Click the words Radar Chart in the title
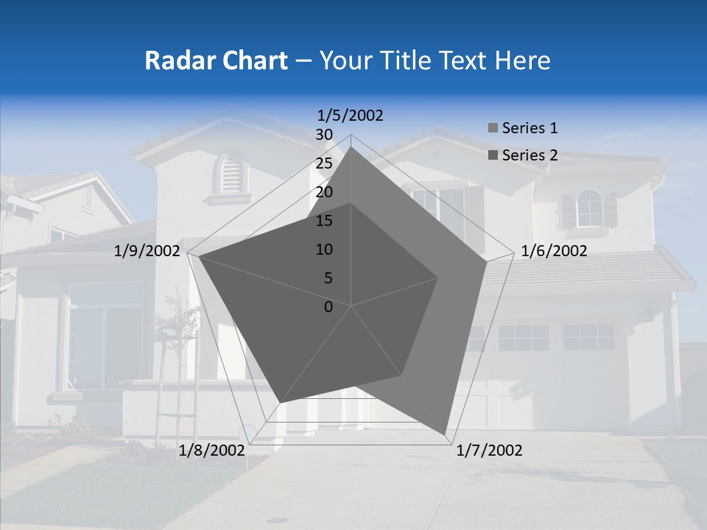click(215, 60)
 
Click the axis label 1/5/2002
click(350, 115)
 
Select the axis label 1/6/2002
click(554, 251)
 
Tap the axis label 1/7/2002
click(489, 451)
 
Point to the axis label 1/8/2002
click(211, 451)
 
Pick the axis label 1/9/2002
click(147, 251)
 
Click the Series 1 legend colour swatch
click(493, 129)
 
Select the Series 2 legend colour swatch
click(493, 155)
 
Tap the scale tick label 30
click(324, 135)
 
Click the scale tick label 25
click(324, 163)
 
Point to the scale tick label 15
click(324, 221)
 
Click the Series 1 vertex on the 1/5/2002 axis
click(351, 146)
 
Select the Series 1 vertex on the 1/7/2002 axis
click(446, 434)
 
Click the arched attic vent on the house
click(231, 174)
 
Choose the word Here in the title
click(522, 60)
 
